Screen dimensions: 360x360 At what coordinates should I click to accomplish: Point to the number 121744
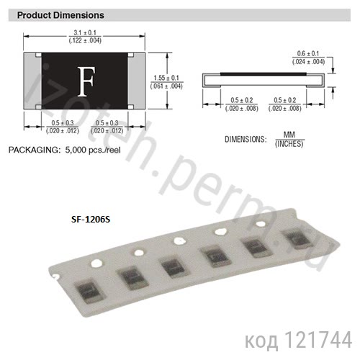pyautogui.click(x=321, y=338)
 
